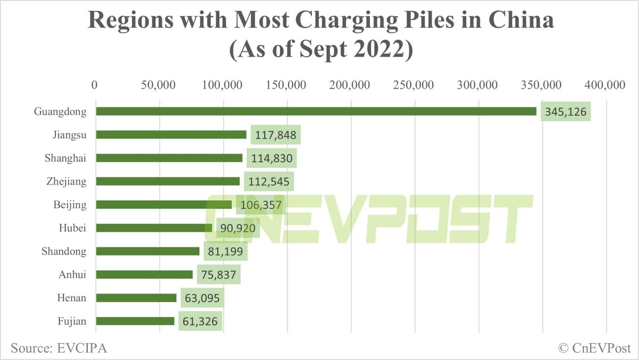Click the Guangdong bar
tap(316, 111)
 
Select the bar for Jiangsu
tap(171, 135)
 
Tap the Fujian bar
tap(135, 321)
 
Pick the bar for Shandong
tap(147, 251)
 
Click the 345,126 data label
tap(565, 112)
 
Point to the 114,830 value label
tap(271, 158)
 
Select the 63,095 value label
tap(202, 298)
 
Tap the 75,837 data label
tap(219, 275)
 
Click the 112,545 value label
tap(268, 182)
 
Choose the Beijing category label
tap(69, 205)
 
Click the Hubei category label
tap(72, 228)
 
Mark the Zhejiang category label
tap(66, 181)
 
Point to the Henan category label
tap(71, 298)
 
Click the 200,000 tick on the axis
tap(349, 85)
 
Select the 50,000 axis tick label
tap(158, 85)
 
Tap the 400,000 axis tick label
tap(604, 85)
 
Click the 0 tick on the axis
tap(94, 85)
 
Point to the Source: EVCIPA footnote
tap(59, 348)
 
